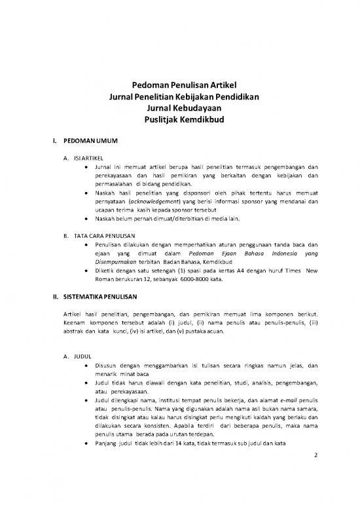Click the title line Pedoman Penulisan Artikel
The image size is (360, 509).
tap(179, 85)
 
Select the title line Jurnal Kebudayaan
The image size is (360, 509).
tap(179, 108)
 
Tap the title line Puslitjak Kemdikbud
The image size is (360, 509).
tap(179, 120)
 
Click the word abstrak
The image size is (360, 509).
tap(67, 331)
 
